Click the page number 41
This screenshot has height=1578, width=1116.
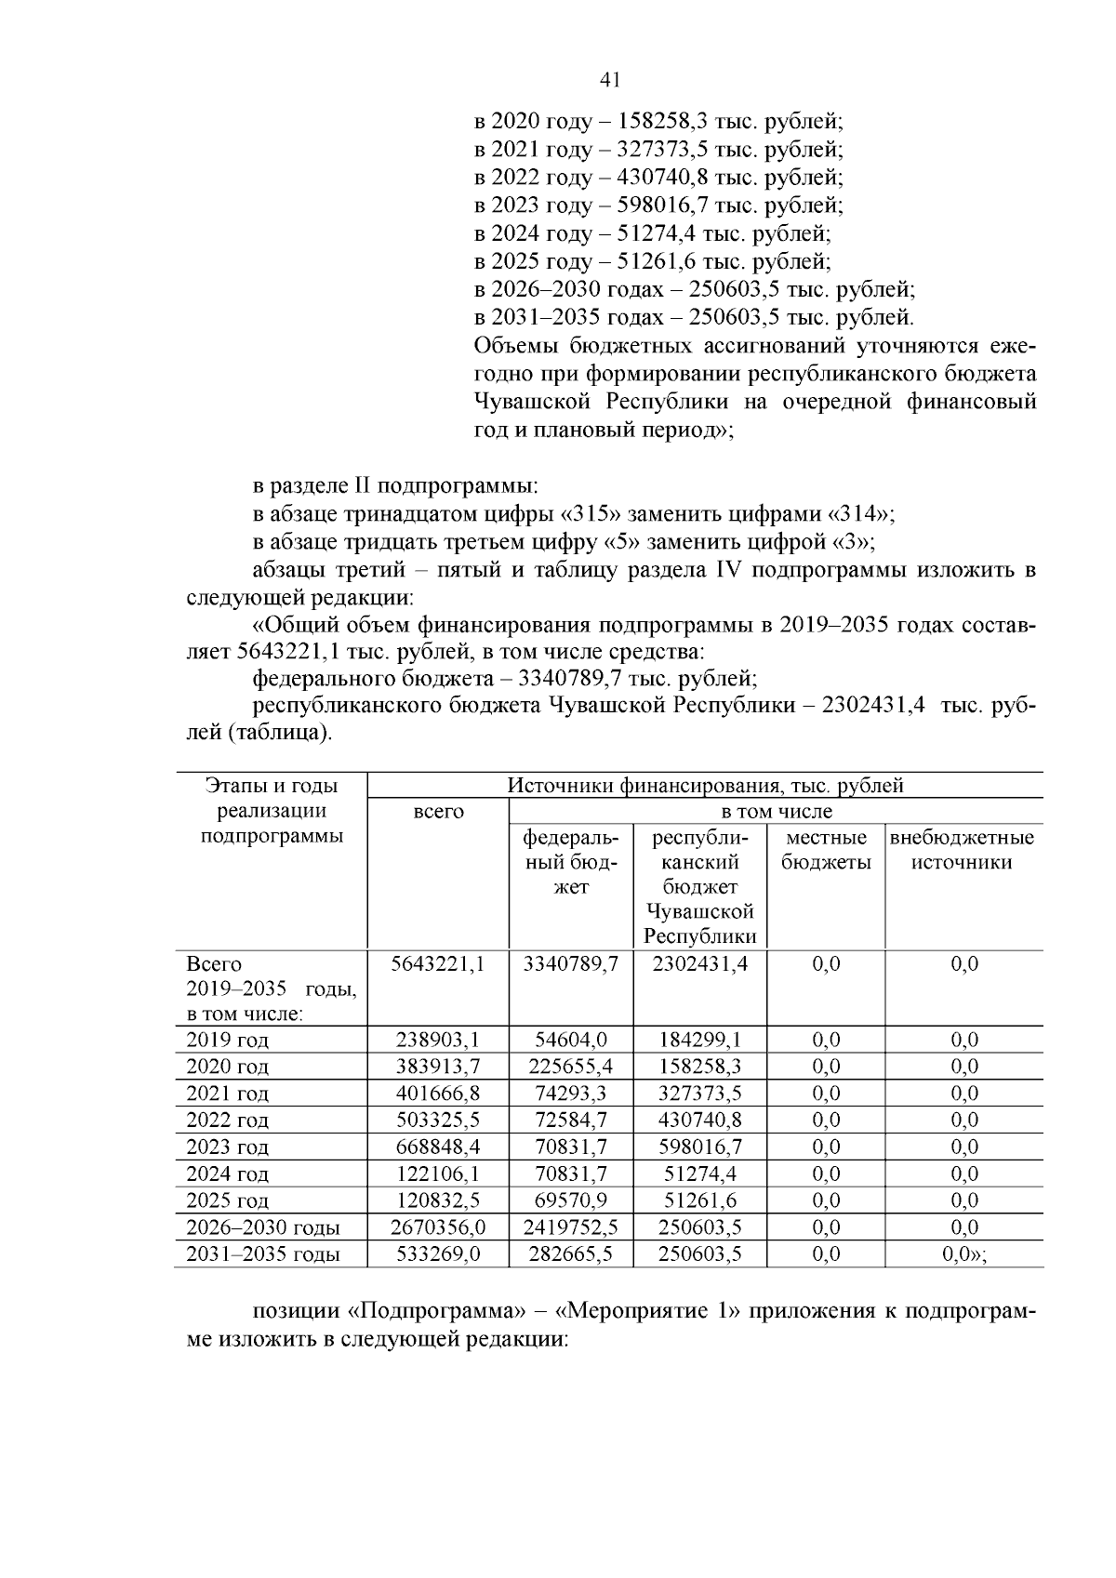[x=611, y=80]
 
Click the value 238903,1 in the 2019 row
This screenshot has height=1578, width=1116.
[x=438, y=1040]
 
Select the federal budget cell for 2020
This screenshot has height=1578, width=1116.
[x=570, y=1067]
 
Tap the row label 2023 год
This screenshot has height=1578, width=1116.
[x=228, y=1147]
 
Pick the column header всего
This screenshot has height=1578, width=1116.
[x=438, y=812]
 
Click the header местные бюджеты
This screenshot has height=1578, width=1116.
[x=826, y=850]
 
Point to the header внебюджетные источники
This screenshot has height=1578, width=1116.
[x=963, y=850]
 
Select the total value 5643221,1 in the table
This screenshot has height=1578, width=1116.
[x=438, y=964]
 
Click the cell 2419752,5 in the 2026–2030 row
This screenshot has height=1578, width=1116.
[x=570, y=1227]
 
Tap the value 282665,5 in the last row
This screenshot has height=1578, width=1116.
[x=570, y=1254]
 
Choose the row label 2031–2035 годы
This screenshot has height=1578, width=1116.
[x=263, y=1254]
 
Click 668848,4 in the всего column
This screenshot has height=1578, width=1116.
[x=438, y=1147]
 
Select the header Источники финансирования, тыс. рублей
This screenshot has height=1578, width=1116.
[x=705, y=786]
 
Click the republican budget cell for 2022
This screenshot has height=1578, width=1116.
[x=699, y=1120]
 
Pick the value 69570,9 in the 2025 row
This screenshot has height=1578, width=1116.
[x=570, y=1200]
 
